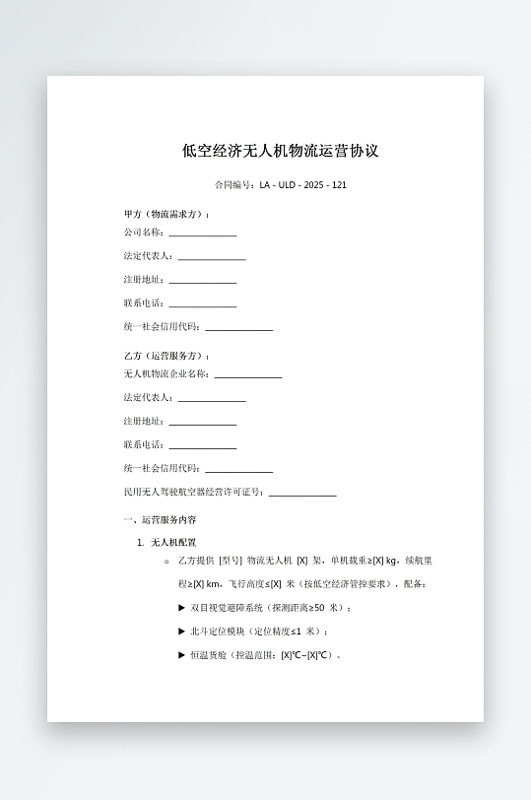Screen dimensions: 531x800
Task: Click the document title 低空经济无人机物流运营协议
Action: (x=281, y=151)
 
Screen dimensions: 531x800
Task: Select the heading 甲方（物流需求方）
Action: (x=166, y=214)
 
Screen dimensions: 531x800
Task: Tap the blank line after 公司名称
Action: (x=202, y=233)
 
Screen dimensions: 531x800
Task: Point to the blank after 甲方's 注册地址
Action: (x=202, y=281)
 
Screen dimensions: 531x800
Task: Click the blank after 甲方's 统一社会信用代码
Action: (x=238, y=328)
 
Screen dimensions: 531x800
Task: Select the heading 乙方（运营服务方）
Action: (x=166, y=356)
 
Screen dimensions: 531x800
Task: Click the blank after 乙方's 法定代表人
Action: (x=211, y=399)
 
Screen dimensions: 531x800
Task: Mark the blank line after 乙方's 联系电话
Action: (x=202, y=446)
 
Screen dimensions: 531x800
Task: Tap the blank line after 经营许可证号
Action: (x=302, y=494)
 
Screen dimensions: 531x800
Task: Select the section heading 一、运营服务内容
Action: (x=160, y=519)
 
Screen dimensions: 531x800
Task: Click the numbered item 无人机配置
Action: (x=173, y=542)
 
